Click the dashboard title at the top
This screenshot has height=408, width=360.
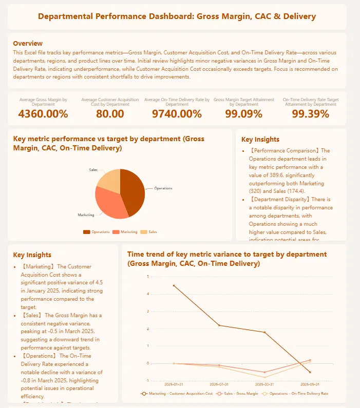(177, 16)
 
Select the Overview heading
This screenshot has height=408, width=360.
(28, 43)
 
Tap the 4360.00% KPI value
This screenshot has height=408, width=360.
(43, 114)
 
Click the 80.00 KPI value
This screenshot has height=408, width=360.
(110, 114)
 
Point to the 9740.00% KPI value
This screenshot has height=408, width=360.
(177, 114)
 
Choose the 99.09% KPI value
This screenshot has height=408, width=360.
(243, 114)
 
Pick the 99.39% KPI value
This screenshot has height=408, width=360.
(310, 114)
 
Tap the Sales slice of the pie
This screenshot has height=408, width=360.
(109, 180)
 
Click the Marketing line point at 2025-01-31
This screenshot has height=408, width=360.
(174, 285)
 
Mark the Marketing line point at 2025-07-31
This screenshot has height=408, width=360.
(219, 325)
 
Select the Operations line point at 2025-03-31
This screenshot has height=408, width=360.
(264, 377)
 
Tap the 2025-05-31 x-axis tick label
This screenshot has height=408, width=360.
(310, 384)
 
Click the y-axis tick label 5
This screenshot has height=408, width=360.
(147, 277)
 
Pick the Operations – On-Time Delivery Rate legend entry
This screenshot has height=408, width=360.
(295, 394)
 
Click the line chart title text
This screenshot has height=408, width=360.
(227, 259)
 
